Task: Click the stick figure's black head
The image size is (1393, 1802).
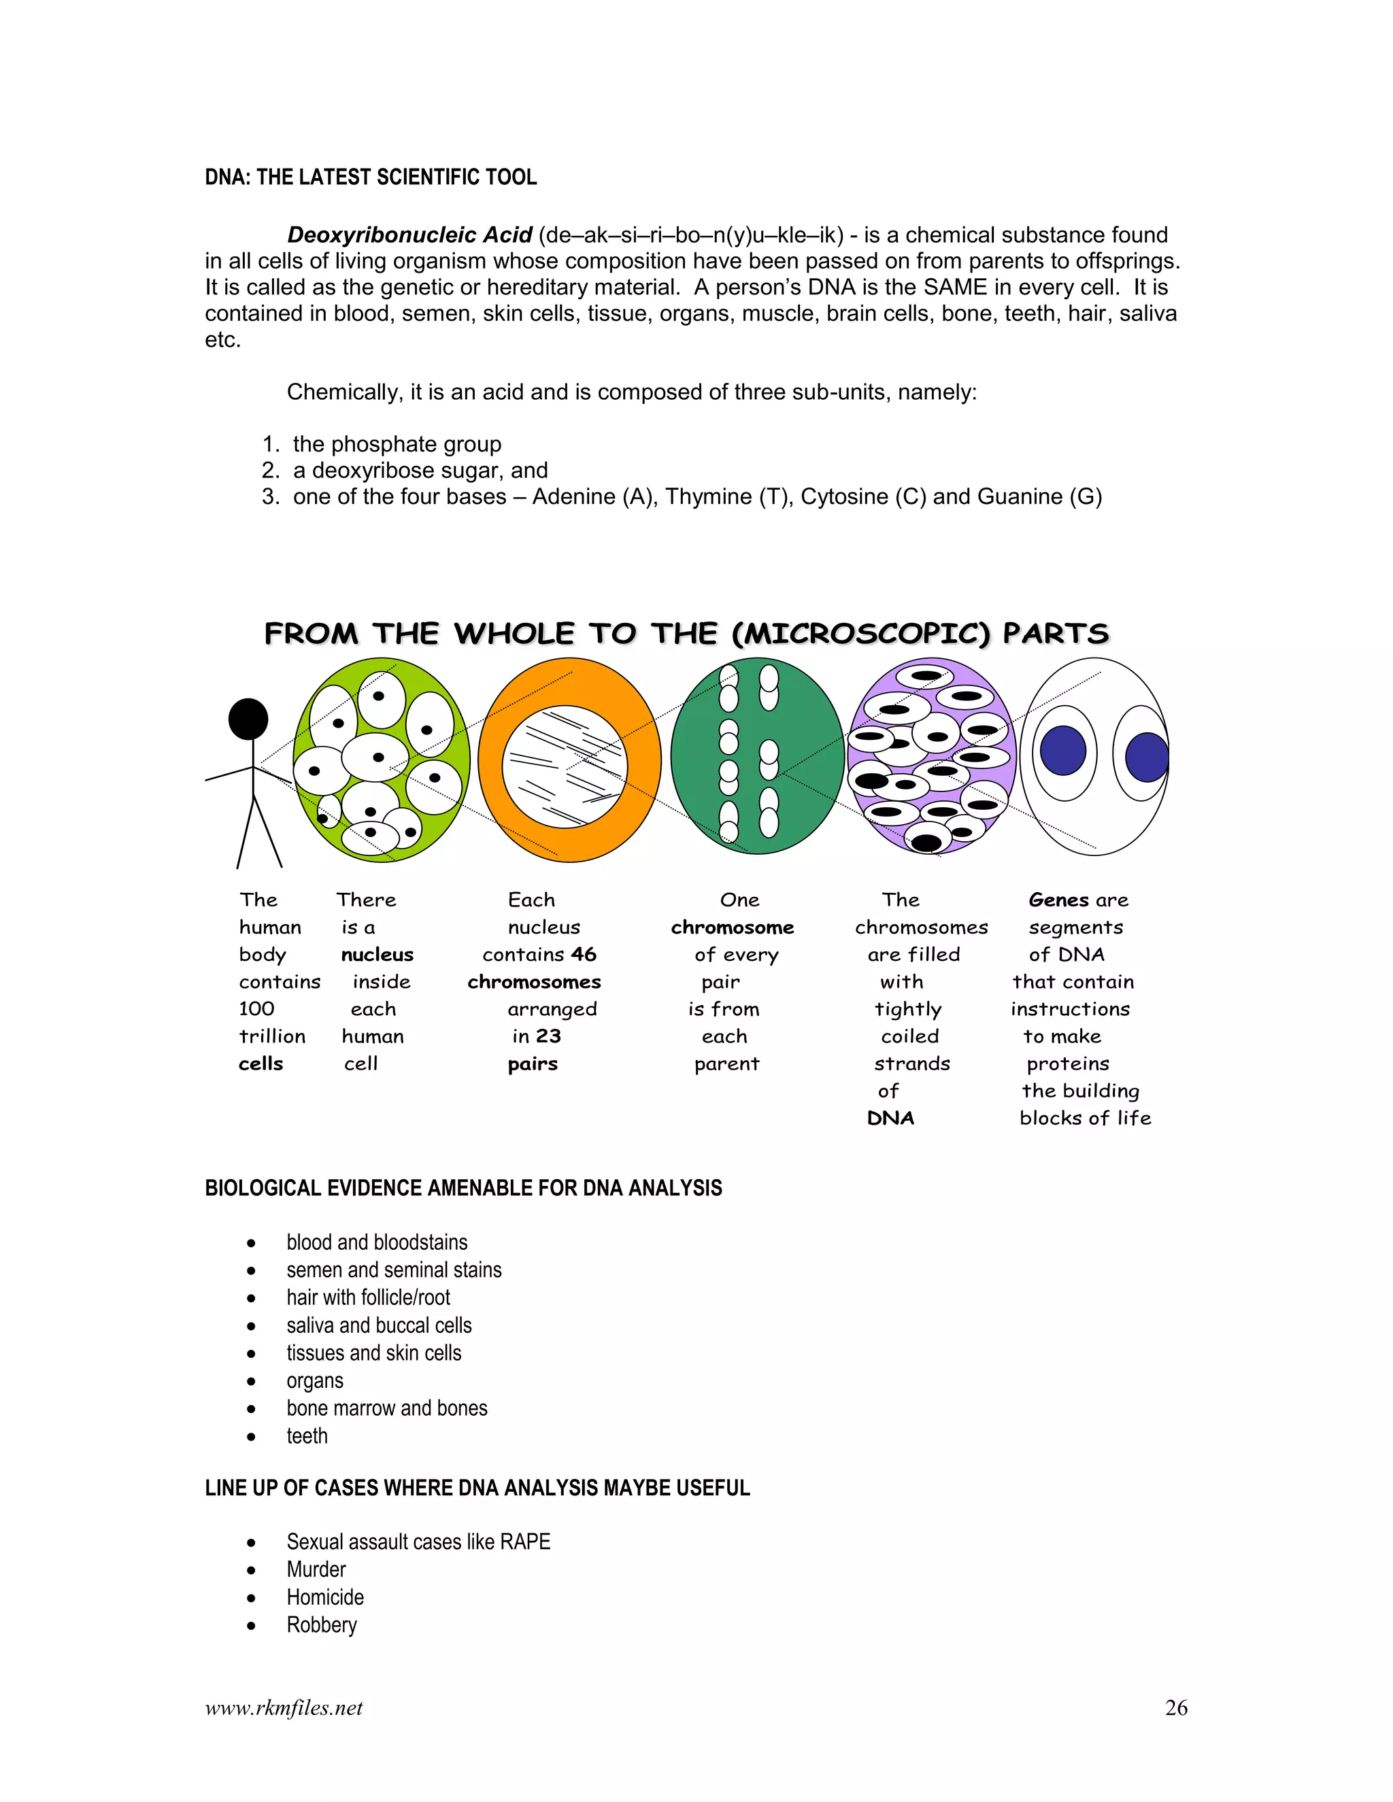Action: point(248,719)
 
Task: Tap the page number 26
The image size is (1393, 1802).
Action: point(1176,1708)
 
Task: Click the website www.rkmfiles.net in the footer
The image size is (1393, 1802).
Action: point(283,1708)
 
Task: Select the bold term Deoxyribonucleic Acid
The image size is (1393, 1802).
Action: point(409,235)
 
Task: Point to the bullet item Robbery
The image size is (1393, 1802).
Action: point(321,1625)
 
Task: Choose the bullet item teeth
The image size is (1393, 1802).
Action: point(307,1435)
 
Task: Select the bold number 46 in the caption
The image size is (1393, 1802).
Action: point(584,955)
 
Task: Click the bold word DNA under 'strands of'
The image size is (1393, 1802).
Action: point(890,1118)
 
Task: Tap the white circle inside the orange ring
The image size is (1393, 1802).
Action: point(565,766)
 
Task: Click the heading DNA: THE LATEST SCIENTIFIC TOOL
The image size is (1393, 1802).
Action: point(371,177)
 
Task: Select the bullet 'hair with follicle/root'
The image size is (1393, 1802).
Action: point(368,1297)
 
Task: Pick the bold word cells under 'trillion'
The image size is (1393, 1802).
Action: point(261,1064)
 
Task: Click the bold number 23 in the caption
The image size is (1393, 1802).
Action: point(548,1036)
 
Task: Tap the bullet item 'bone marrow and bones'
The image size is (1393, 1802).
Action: point(387,1408)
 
